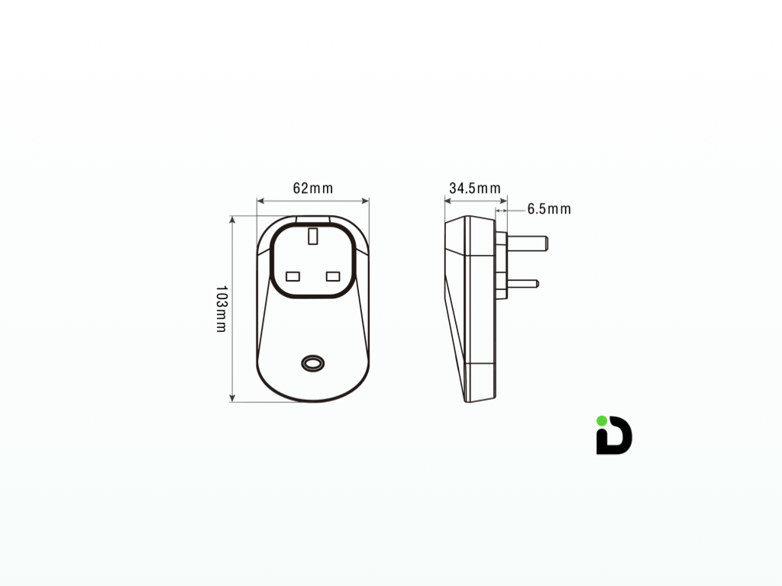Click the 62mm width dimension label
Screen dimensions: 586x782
(313, 188)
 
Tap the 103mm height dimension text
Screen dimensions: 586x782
(221, 308)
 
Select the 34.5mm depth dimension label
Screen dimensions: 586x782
(474, 188)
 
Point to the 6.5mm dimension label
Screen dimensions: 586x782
(548, 209)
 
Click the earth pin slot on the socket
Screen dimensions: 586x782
(313, 236)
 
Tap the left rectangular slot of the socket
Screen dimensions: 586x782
(293, 275)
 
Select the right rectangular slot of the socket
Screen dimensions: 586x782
(333, 275)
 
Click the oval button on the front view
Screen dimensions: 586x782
(312, 363)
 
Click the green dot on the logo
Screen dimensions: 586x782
(602, 420)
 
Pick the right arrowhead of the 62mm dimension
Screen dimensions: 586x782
(366, 201)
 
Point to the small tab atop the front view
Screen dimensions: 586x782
(313, 219)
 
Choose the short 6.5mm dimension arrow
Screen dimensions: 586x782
(501, 209)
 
